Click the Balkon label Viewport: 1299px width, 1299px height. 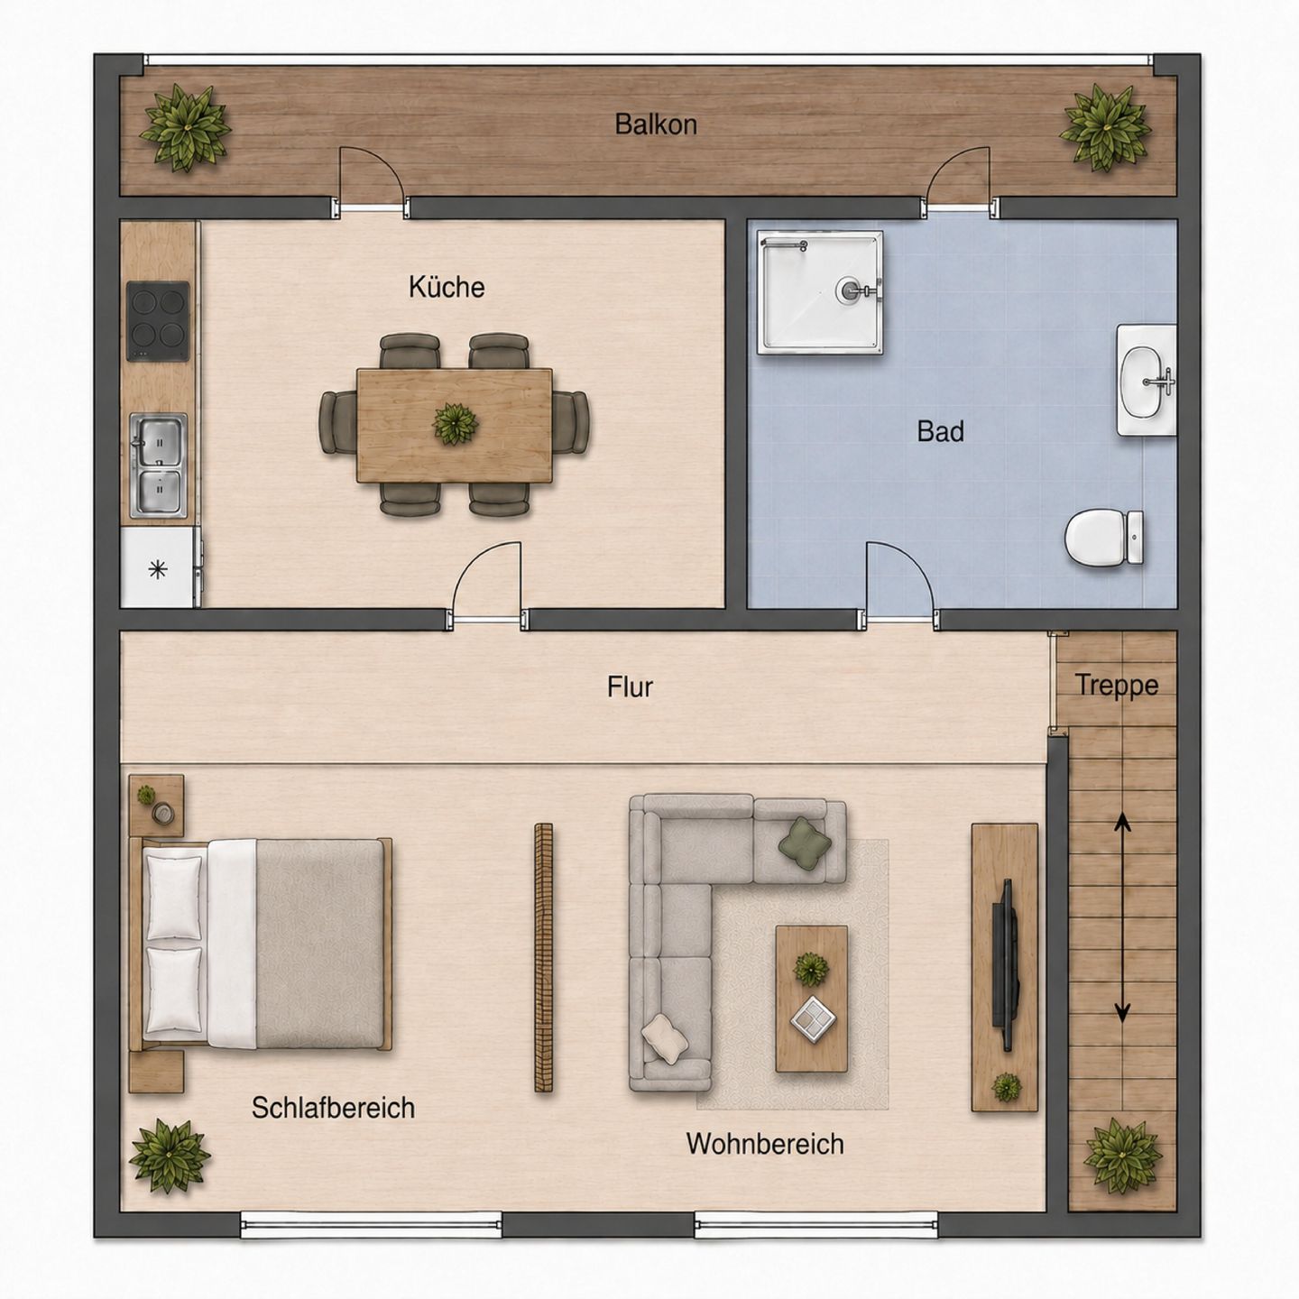tap(655, 124)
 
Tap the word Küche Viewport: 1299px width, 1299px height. tap(447, 287)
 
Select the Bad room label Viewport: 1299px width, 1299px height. tap(940, 431)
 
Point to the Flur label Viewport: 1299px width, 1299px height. tap(630, 686)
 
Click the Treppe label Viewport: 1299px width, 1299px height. tap(1117, 686)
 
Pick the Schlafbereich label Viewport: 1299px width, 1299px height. tap(333, 1108)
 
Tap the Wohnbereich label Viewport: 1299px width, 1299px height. tap(765, 1144)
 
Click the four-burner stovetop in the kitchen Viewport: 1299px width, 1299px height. tap(159, 321)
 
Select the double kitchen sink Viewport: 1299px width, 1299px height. tap(159, 465)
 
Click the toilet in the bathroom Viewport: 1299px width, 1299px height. tap(1104, 538)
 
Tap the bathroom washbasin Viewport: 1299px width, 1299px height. tap(1147, 380)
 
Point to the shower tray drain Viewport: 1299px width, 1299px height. tap(848, 290)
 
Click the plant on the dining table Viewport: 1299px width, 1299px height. tap(456, 424)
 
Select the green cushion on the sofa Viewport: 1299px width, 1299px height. tap(804, 842)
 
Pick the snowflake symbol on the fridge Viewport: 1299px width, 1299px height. tap(158, 569)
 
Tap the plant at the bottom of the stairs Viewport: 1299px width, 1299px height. tap(1123, 1156)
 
